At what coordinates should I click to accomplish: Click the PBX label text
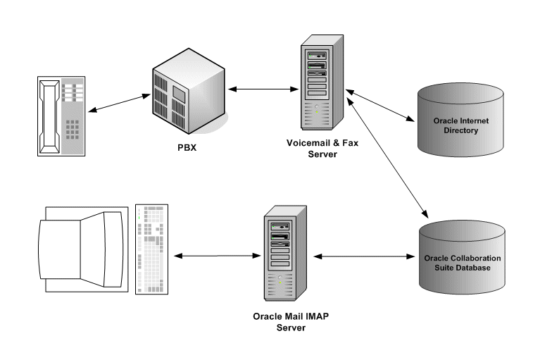[x=187, y=149]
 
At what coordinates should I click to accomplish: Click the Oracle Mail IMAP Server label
[x=291, y=321]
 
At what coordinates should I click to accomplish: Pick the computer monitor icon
[x=81, y=249]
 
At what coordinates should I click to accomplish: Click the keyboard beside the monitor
[x=150, y=249]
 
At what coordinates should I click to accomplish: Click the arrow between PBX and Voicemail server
[x=263, y=89]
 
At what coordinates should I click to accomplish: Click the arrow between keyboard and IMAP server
[x=213, y=256]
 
